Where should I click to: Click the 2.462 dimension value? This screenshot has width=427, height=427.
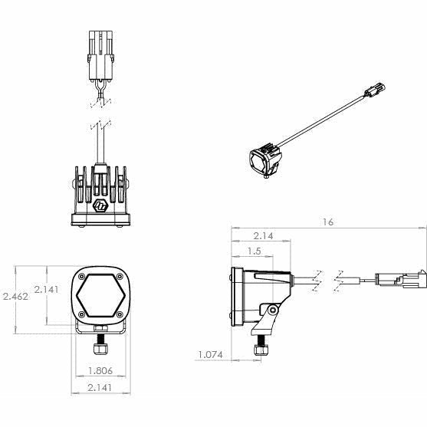(16, 297)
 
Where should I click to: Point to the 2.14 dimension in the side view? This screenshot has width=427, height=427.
(263, 236)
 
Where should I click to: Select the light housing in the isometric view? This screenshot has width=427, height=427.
(263, 160)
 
